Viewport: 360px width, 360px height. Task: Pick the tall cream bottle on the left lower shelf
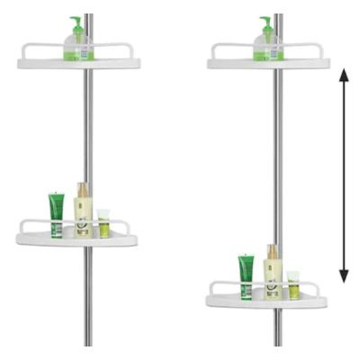point(83,212)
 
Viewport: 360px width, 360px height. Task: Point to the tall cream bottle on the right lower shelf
point(273,274)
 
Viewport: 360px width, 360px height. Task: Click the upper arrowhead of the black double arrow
point(343,79)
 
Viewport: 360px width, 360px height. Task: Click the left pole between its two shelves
point(88,135)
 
